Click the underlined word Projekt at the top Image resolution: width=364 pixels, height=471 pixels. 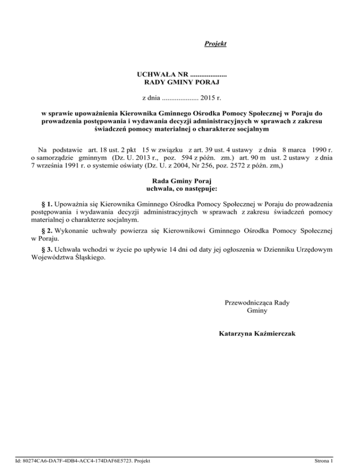[x=215, y=44]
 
